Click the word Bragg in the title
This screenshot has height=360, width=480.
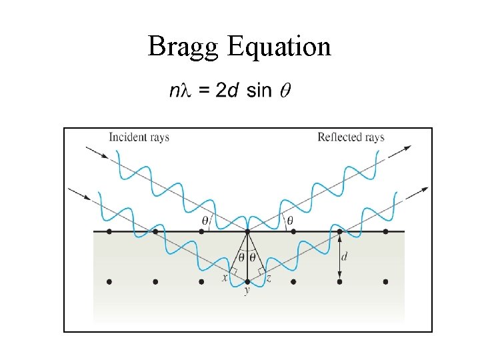(x=183, y=47)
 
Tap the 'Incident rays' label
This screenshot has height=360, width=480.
(x=139, y=137)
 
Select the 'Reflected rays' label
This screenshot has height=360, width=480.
(x=351, y=137)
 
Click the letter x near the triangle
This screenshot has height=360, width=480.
(x=225, y=277)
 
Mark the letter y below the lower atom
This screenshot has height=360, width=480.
(x=247, y=291)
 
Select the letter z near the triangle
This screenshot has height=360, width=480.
(x=268, y=277)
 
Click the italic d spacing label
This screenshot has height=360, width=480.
(x=344, y=257)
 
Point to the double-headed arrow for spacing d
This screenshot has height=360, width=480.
(x=339, y=257)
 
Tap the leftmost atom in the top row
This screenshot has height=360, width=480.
(x=109, y=231)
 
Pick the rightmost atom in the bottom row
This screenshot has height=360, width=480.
(x=385, y=282)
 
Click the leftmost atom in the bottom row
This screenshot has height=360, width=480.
(x=109, y=282)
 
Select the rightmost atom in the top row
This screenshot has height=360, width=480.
(x=385, y=231)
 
